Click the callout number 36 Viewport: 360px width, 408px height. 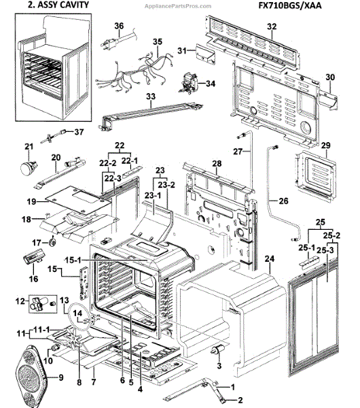click(x=119, y=26)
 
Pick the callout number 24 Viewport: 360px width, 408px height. click(x=269, y=259)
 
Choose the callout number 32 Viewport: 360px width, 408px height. click(x=272, y=27)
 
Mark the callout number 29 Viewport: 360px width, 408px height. click(x=325, y=146)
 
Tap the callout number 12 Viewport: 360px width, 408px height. click(x=20, y=300)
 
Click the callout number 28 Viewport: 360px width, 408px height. click(x=217, y=165)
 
